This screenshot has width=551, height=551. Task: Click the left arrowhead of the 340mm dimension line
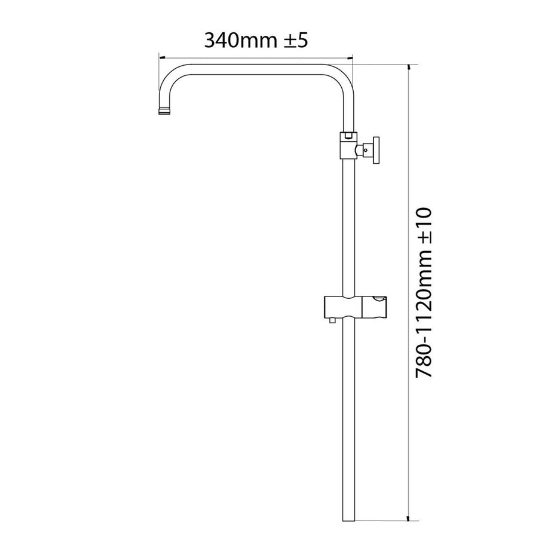click(160, 58)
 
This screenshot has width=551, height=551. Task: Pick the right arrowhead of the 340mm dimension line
click(351, 58)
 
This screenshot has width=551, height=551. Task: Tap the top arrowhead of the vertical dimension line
click(409, 65)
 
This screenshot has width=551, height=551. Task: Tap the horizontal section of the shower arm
click(257, 66)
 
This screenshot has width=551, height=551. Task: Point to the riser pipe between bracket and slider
click(348, 227)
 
